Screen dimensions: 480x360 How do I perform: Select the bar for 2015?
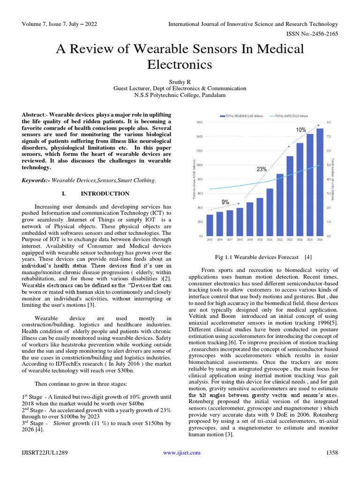click(210, 225)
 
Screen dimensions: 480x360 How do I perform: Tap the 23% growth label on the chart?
click(262, 170)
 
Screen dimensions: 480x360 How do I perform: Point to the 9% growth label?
click(225, 202)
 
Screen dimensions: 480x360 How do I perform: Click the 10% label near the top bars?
click(301, 129)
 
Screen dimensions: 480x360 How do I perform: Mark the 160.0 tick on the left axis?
click(199, 122)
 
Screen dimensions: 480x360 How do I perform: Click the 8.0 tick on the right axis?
click(330, 122)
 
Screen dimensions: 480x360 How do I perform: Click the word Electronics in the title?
click(180, 63)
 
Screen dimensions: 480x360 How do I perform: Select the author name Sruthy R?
click(180, 81)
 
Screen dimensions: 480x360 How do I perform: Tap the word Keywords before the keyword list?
click(35, 180)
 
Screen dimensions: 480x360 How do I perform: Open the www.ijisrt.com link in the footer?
click(182, 452)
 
